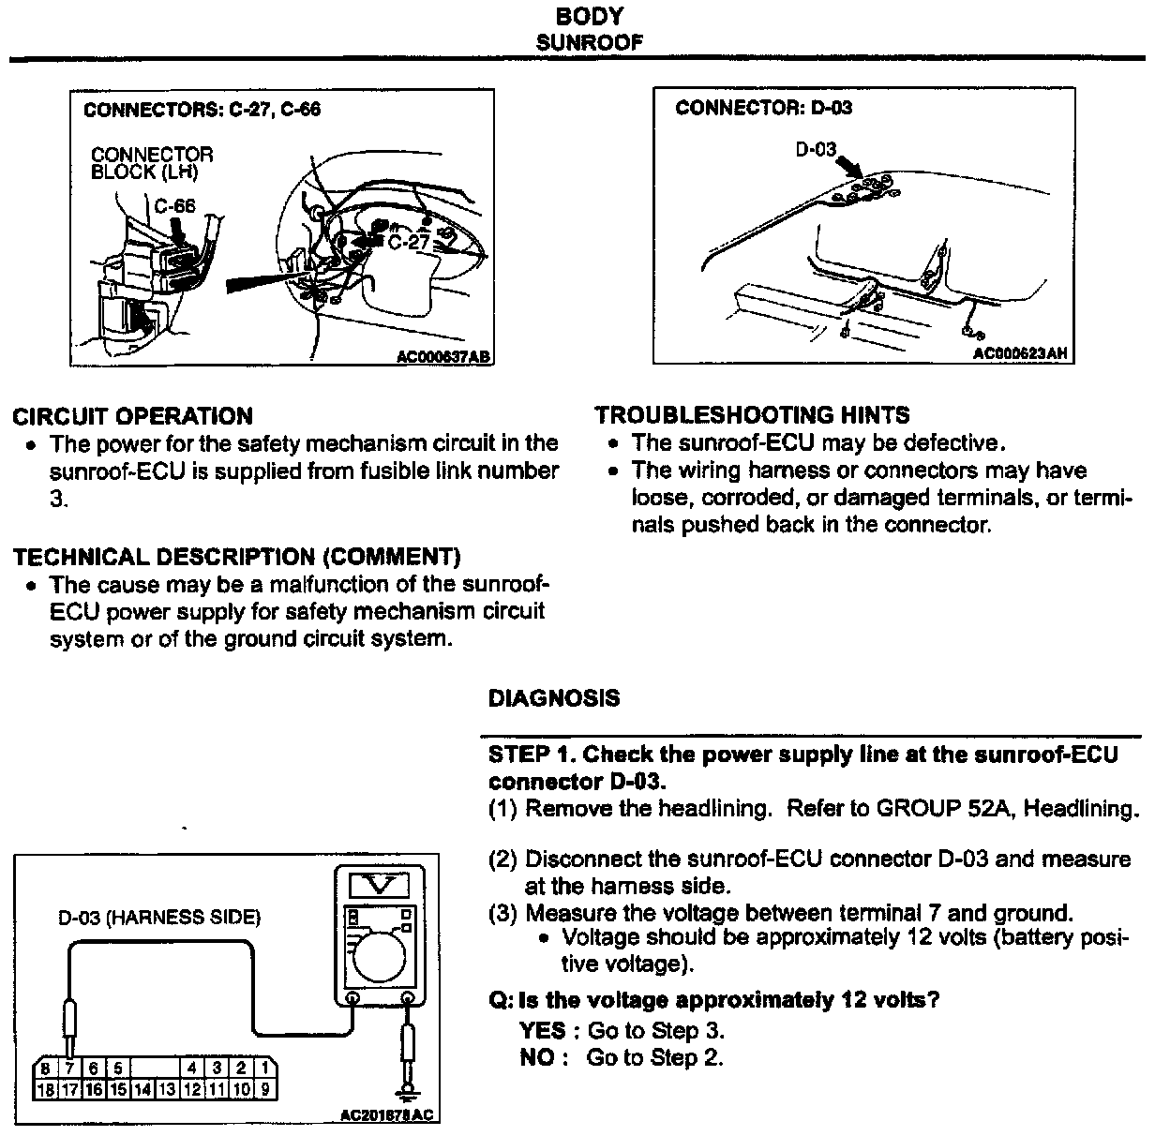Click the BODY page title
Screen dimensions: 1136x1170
pyautogui.click(x=589, y=16)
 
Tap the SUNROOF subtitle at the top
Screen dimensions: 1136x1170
pyautogui.click(x=589, y=42)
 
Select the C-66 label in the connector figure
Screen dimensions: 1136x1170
pyautogui.click(x=175, y=206)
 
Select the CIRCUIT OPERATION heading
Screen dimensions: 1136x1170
pyautogui.click(x=132, y=416)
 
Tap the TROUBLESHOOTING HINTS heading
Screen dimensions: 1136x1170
pyautogui.click(x=752, y=415)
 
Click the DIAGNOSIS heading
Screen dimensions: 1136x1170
pyautogui.click(x=554, y=698)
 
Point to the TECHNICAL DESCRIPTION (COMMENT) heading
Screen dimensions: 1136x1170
pyautogui.click(x=236, y=558)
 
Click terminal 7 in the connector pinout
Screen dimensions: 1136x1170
pyautogui.click(x=68, y=1068)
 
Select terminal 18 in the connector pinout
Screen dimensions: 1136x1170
pyautogui.click(x=45, y=1089)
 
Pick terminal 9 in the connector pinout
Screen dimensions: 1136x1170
pyautogui.click(x=264, y=1089)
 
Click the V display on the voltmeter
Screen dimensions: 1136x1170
pyautogui.click(x=381, y=884)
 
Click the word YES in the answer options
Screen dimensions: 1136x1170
pyautogui.click(x=542, y=1031)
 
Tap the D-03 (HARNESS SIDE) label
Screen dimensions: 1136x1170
pyautogui.click(x=158, y=918)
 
